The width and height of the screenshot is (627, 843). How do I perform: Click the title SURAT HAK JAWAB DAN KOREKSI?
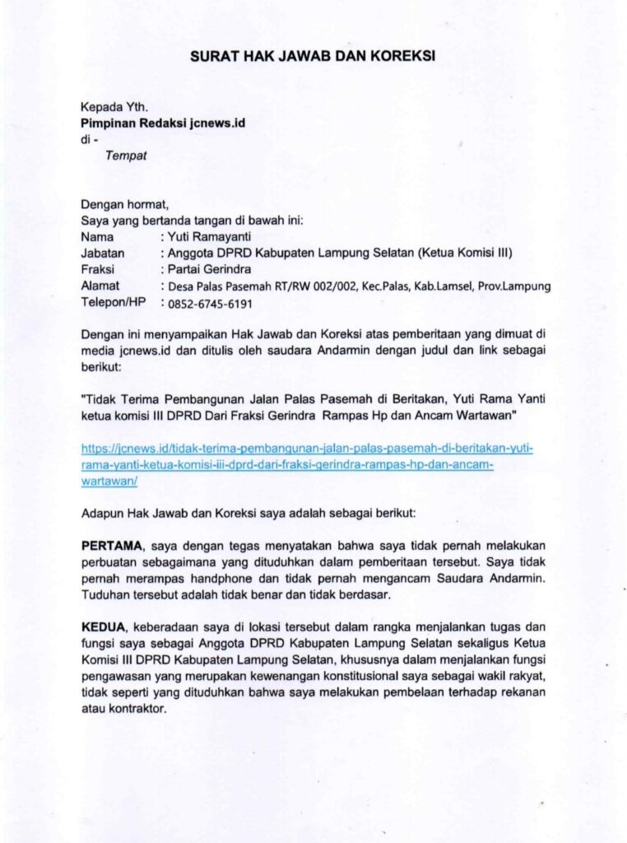coord(313,56)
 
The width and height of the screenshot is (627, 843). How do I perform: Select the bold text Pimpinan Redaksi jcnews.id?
coord(163,123)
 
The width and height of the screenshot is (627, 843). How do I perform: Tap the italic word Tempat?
coord(125,156)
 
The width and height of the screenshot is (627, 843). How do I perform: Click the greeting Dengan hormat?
coord(124,204)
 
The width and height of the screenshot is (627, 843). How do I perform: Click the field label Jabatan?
coord(102,253)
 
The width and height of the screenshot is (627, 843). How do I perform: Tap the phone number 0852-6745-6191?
coord(210,303)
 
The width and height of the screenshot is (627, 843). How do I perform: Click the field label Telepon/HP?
coord(114,302)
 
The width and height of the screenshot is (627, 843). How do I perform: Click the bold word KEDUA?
coord(103,627)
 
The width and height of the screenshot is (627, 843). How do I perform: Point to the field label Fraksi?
coord(98,268)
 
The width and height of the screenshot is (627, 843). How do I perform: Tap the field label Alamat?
coord(100,286)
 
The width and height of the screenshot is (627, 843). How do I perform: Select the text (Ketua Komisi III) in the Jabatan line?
coord(466,253)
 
